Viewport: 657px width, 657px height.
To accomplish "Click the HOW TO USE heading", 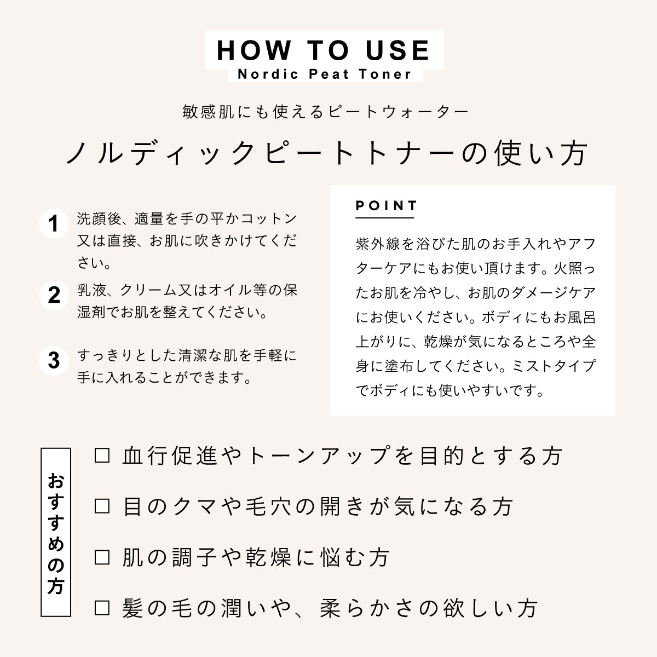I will (x=324, y=50).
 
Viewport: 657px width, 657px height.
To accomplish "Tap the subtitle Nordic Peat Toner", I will (x=324, y=74).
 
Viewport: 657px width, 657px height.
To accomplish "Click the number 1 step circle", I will (x=54, y=225).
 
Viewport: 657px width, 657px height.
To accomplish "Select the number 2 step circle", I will (x=54, y=295).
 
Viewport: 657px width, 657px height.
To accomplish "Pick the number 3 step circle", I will (x=54, y=361).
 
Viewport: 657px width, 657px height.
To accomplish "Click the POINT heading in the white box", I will (x=387, y=206).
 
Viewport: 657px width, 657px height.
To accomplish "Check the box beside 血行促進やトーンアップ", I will (x=102, y=456).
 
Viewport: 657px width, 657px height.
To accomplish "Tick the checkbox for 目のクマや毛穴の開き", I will (x=102, y=506).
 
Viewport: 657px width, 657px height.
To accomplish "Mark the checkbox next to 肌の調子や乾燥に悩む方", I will (x=102, y=557).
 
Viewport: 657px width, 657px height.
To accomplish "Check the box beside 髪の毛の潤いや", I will (x=102, y=608).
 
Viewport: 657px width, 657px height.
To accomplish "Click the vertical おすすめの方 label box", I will (x=56, y=532).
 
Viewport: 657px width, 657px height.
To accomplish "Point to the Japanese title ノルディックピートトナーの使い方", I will (x=327, y=153).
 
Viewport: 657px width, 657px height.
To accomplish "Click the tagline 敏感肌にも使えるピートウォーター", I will (x=326, y=112).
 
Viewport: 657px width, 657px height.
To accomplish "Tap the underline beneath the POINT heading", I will (x=385, y=218).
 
